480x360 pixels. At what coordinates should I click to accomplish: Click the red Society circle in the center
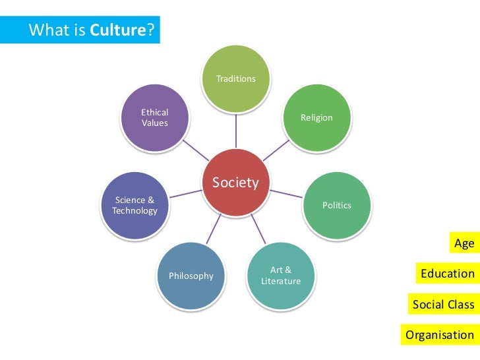[x=236, y=183]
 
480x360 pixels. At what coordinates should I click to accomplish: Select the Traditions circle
[x=236, y=79]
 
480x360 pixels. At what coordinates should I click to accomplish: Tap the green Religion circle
[x=317, y=117]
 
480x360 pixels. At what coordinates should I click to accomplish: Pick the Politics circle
[x=337, y=205]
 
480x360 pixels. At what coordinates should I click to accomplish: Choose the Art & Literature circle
[x=281, y=276]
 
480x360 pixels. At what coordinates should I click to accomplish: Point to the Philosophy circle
[x=191, y=276]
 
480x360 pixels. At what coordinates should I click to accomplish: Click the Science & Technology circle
[x=135, y=205]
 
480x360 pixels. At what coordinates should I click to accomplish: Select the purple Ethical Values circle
[x=155, y=117]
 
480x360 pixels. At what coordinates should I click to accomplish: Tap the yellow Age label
[x=464, y=243]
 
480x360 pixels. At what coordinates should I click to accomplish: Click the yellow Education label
[x=448, y=273]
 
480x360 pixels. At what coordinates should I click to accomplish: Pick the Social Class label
[x=443, y=304]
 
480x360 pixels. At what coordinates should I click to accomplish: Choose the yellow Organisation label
[x=440, y=334]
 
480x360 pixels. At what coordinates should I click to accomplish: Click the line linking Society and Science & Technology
[x=185, y=194]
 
